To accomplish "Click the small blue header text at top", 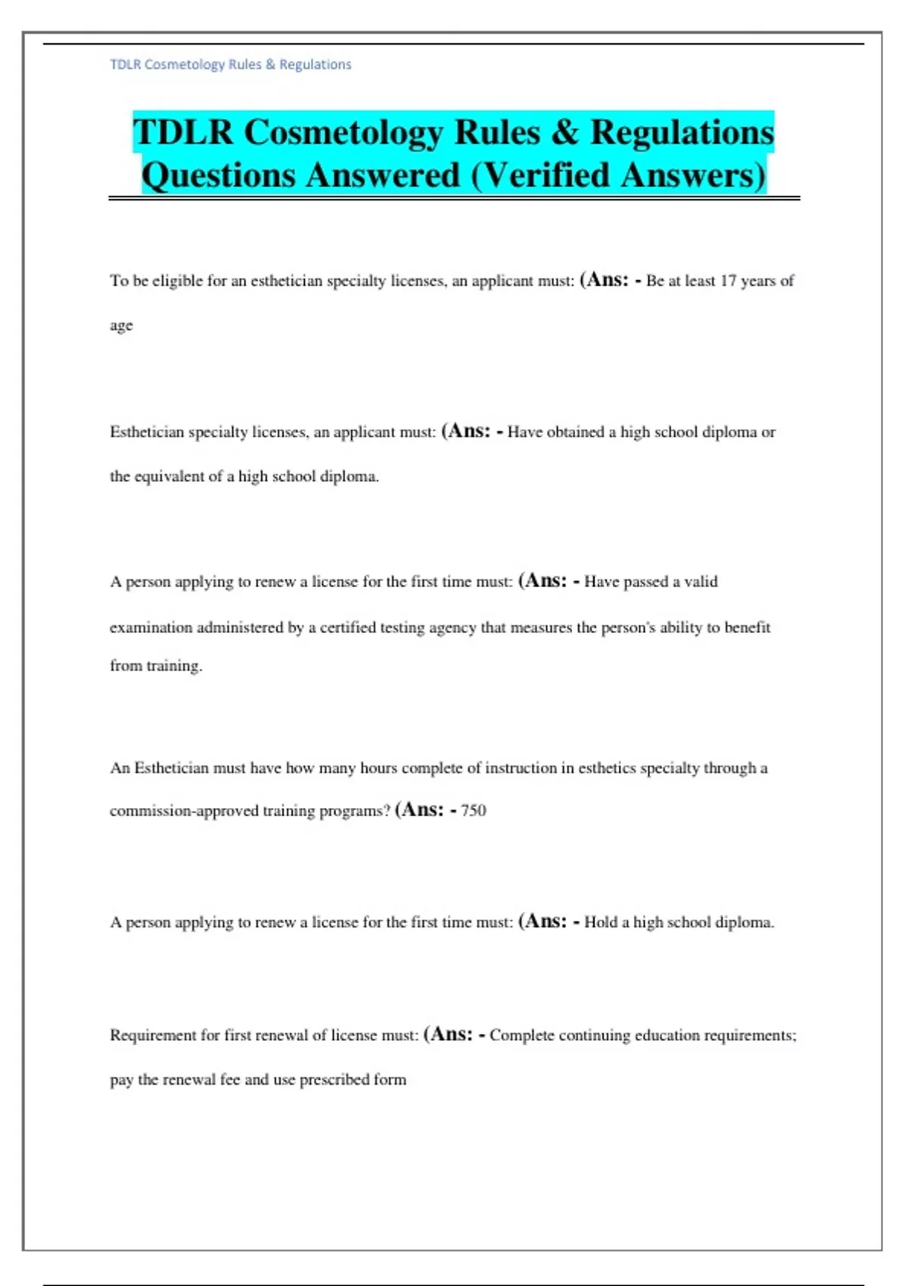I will point(231,64).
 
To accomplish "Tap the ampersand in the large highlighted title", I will point(564,132).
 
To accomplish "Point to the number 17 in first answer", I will point(728,281).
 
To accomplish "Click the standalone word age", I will point(121,325).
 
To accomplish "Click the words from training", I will point(156,666).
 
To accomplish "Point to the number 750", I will point(474,810).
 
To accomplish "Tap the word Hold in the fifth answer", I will point(601,922).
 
